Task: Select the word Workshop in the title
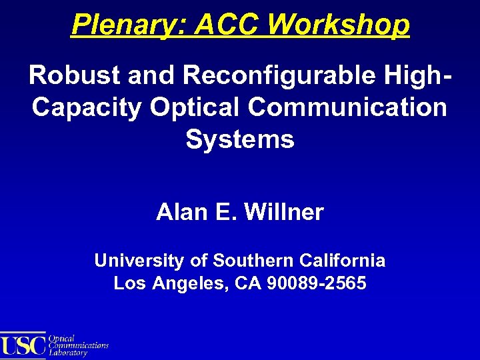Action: pyautogui.click(x=339, y=25)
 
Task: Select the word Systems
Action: pyautogui.click(x=240, y=139)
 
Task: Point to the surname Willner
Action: pyautogui.click(x=285, y=212)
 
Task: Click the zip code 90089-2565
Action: pyautogui.click(x=316, y=283)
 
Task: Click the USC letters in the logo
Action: pyautogui.click(x=24, y=346)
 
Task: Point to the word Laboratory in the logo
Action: pyautogui.click(x=69, y=353)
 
